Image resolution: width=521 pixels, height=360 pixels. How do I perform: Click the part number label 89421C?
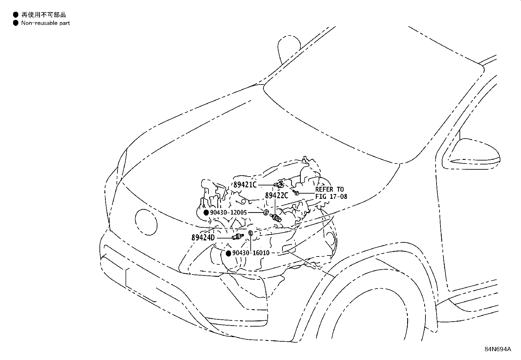(x=245, y=185)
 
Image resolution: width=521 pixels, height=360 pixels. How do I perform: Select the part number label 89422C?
(x=277, y=196)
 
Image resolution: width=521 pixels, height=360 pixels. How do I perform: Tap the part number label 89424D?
(x=203, y=238)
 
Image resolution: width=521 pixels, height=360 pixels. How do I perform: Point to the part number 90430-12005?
(x=228, y=212)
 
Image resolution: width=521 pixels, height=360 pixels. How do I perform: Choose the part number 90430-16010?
(x=251, y=253)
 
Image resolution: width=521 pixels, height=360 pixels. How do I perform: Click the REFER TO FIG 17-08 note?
(x=331, y=193)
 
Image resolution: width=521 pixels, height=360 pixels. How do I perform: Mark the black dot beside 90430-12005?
(x=206, y=212)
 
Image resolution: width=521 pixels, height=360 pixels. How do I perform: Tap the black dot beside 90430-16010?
(x=229, y=253)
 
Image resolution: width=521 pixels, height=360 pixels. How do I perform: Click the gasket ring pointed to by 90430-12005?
(x=266, y=212)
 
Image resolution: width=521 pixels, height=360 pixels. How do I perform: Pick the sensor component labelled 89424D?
(x=238, y=237)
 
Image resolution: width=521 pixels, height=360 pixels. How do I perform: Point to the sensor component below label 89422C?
(x=276, y=218)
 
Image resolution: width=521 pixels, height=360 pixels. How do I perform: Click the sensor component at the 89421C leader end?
(x=279, y=184)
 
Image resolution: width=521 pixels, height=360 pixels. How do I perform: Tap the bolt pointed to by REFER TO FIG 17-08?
(x=296, y=193)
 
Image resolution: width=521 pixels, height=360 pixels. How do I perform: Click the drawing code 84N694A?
(x=498, y=349)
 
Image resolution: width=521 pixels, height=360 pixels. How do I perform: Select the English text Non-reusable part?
(x=45, y=23)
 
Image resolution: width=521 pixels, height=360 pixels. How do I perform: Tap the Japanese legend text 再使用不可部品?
(x=44, y=15)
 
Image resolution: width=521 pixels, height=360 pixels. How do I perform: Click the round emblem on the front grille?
(x=146, y=222)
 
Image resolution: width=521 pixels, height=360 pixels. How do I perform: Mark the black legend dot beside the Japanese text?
(x=16, y=15)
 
